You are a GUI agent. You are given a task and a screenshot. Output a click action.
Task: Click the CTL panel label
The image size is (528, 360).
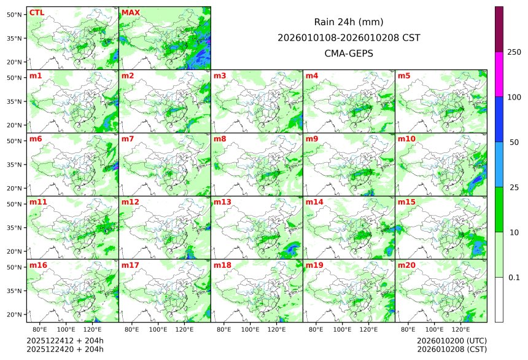tap(37, 12)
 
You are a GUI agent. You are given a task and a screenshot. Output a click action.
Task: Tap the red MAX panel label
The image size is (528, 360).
tap(131, 12)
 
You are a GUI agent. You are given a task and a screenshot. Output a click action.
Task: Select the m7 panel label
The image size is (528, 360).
tap(128, 139)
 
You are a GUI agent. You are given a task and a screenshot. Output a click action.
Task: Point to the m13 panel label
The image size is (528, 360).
tap(222, 202)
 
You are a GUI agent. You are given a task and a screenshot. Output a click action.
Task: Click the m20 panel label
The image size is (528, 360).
tap(406, 265)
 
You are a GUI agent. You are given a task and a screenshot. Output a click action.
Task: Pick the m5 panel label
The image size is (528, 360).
tap(404, 76)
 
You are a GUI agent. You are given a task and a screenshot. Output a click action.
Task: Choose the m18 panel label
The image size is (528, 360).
tap(222, 265)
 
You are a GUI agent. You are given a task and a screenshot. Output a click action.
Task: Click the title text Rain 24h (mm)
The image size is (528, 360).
tap(349, 22)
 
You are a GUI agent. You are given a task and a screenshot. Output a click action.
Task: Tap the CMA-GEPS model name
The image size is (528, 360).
tap(349, 53)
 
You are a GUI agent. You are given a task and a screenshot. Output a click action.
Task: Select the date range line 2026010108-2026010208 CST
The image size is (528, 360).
tap(349, 37)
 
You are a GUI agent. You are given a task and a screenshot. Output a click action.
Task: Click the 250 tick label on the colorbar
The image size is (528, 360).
tap(514, 52)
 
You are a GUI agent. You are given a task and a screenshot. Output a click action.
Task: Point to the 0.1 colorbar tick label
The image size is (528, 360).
tap(514, 277)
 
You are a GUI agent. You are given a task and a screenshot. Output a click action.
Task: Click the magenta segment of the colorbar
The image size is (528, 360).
tap(499, 74)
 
